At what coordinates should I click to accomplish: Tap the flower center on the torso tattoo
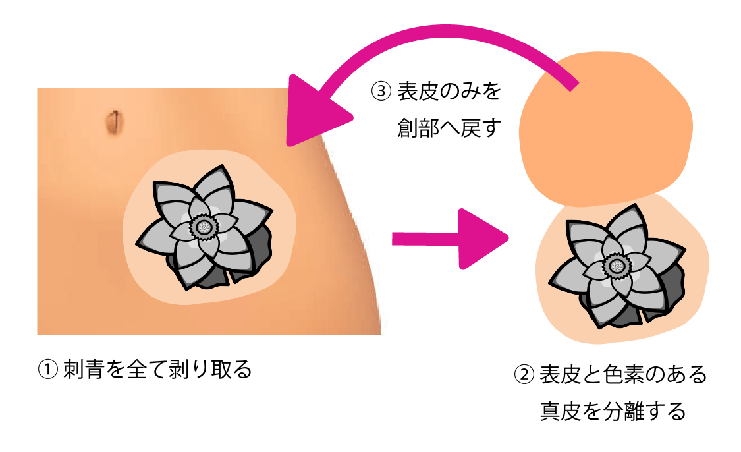tap(206, 227)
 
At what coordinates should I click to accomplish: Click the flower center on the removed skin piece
tap(617, 266)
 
